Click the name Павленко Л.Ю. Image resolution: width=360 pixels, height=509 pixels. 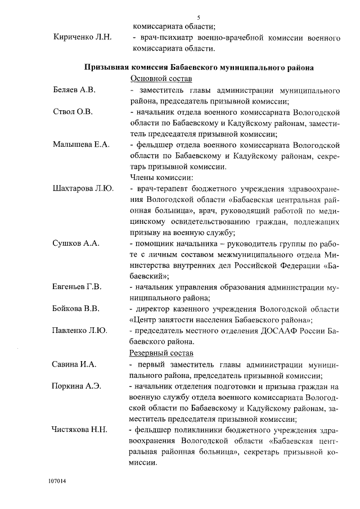[80, 331]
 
